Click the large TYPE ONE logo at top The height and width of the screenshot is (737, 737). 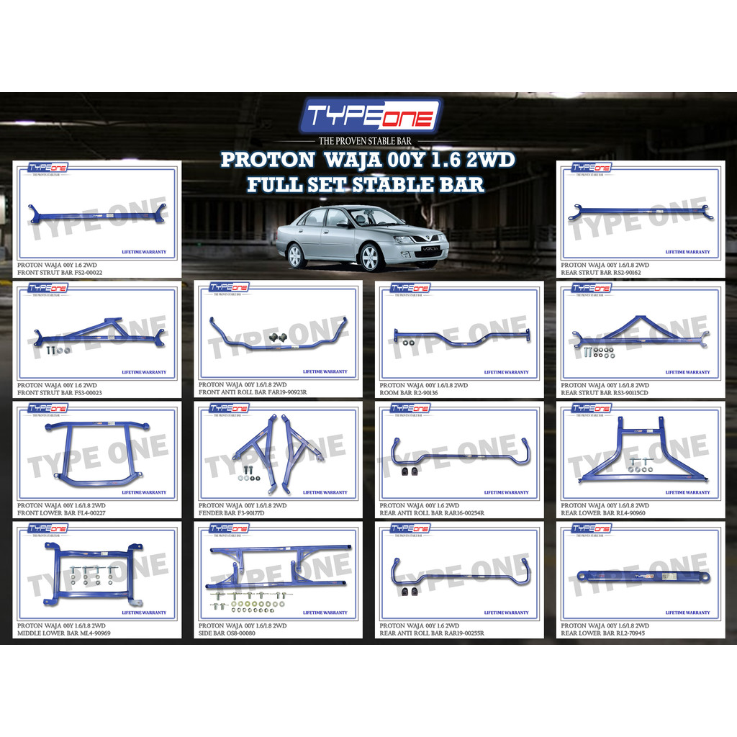369,115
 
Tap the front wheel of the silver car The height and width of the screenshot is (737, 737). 371,257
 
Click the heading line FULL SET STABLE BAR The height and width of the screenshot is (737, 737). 366,184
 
